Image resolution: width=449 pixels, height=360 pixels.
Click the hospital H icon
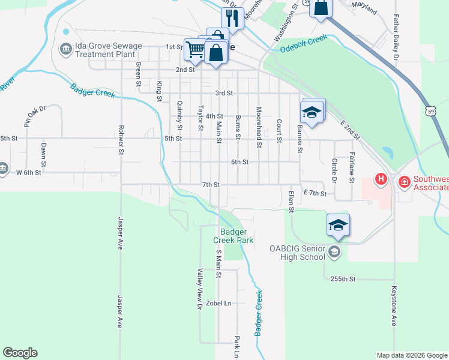point(380,179)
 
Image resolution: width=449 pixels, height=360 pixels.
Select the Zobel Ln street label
point(218,304)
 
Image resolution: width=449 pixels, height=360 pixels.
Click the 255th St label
point(344,279)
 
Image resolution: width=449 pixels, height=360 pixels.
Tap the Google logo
point(20,353)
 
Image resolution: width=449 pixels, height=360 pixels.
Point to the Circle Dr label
point(334,170)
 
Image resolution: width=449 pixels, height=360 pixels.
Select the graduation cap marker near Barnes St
point(312,112)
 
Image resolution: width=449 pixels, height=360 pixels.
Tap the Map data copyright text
point(412,355)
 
